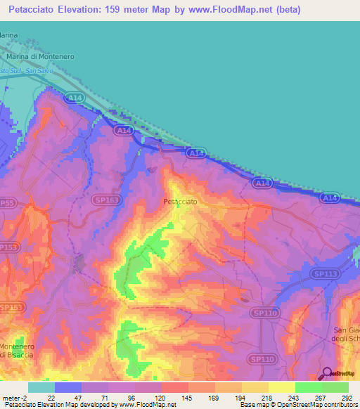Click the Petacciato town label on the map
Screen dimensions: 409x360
coord(180,202)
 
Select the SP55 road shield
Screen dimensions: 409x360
coord(7,202)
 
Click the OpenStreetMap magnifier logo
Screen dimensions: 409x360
coord(327,373)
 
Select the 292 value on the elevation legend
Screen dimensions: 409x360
coord(346,398)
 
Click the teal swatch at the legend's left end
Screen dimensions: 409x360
coord(41,387)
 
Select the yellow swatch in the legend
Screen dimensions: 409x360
coord(281,387)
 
